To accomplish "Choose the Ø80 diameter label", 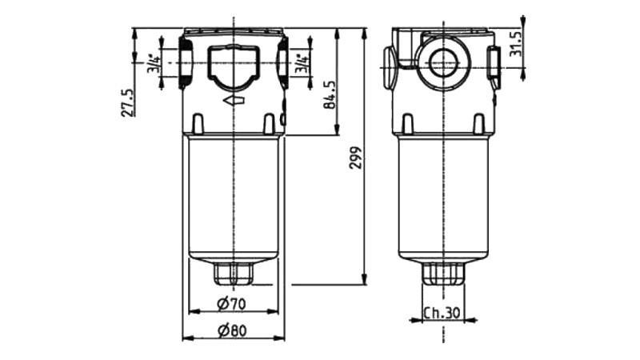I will (x=230, y=329).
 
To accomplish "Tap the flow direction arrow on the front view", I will (x=234, y=101).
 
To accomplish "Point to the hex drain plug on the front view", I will (x=233, y=275).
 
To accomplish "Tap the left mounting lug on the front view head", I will (x=197, y=123).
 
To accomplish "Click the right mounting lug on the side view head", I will (x=478, y=123).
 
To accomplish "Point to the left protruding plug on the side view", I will (x=389, y=64).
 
